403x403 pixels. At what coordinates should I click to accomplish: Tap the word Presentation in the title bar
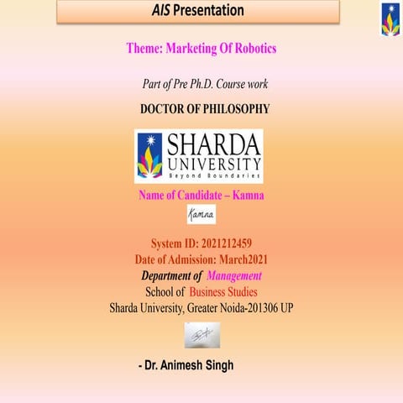click(x=211, y=11)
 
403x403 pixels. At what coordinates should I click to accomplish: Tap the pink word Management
click(x=234, y=275)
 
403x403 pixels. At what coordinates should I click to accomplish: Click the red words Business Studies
click(x=223, y=291)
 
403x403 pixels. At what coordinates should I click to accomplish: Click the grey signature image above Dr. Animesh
click(x=201, y=335)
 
